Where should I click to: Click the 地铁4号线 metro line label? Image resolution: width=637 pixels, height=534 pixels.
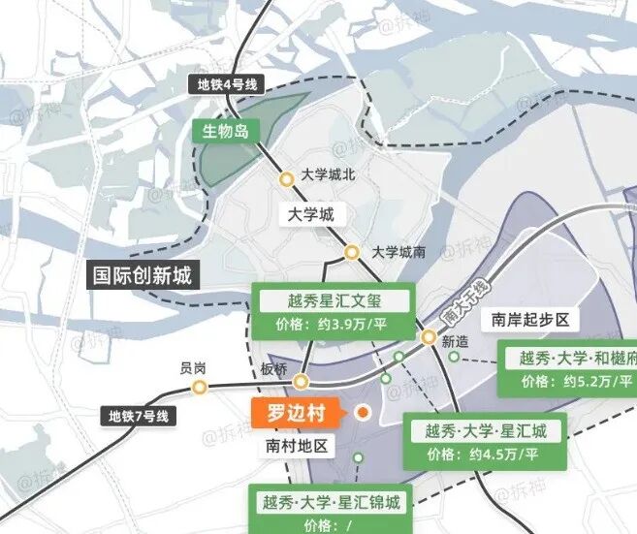tap(227, 84)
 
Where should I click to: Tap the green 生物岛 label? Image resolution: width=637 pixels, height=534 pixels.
tap(224, 131)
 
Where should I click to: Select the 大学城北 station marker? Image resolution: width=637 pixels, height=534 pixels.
tap(287, 179)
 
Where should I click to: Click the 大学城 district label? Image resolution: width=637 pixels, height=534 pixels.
tap(310, 214)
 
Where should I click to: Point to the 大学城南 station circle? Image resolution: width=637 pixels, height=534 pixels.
tap(352, 253)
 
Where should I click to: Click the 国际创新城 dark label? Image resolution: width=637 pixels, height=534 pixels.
tap(142, 275)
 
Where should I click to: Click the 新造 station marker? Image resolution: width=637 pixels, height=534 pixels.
tap(429, 336)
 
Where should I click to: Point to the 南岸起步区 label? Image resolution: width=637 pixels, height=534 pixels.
tap(529, 320)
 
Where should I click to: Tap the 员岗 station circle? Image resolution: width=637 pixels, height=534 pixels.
tap(199, 388)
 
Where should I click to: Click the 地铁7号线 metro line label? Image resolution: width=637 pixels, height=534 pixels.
tap(138, 417)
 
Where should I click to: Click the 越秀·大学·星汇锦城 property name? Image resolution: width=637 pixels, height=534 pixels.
tap(330, 502)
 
